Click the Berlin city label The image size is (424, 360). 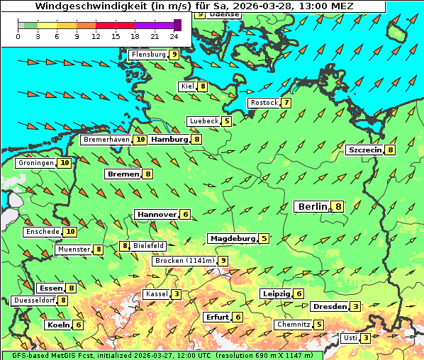tap(312, 207)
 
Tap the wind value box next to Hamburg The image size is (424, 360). tap(196, 140)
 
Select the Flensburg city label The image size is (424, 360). tap(148, 54)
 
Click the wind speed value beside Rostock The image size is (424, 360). tap(286, 103)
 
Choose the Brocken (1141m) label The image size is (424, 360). tap(184, 261)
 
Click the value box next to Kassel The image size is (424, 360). tap(175, 294)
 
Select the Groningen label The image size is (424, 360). tap(36, 163)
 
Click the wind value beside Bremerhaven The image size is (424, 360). tap(140, 140)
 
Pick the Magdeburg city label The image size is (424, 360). tap(232, 239)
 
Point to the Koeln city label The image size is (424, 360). tap(58, 325)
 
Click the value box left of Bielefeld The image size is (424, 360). tap(125, 246)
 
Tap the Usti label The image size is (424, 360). tap(350, 338)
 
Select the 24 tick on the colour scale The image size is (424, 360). tap(174, 36)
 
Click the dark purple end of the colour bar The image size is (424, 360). tap(177, 26)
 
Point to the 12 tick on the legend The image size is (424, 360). tap(96, 36)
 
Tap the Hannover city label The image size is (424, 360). tap(157, 214)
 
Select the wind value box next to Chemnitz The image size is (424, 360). tap(319, 325)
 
